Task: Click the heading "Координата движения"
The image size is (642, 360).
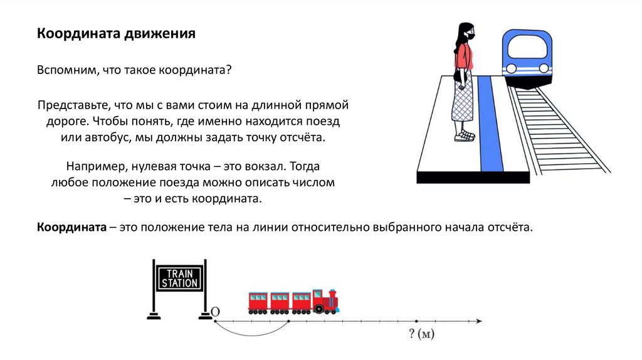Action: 116,34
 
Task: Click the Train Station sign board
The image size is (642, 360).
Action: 179,278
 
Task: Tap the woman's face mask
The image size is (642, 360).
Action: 470,36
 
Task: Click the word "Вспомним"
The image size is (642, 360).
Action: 65,71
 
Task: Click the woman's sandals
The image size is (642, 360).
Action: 464,135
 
